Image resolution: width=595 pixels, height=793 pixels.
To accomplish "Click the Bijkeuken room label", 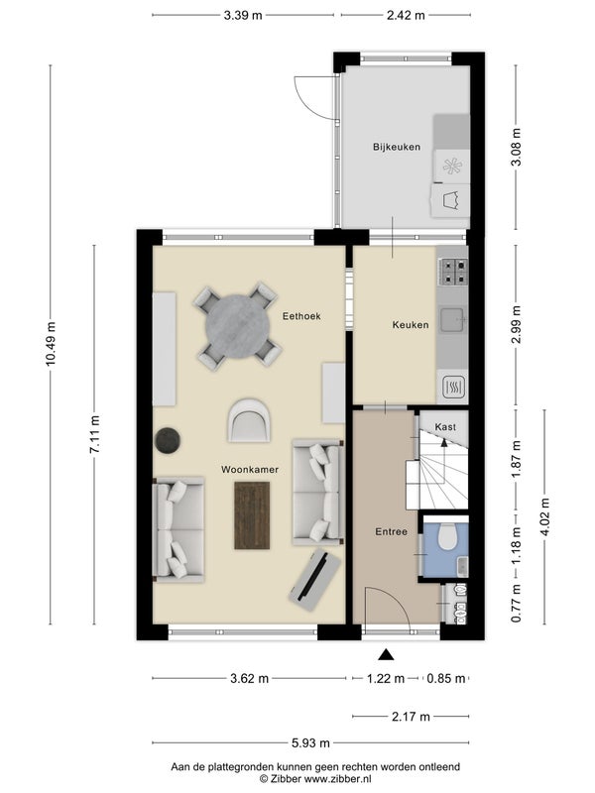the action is pyautogui.click(x=397, y=147).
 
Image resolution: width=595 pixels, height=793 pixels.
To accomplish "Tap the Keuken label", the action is pyautogui.click(x=411, y=325).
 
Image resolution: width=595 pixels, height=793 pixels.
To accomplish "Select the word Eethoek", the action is pyautogui.click(x=301, y=316).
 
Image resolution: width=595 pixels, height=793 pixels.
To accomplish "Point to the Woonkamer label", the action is pyautogui.click(x=250, y=469).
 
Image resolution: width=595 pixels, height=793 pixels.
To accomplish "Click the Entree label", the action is pyautogui.click(x=391, y=531).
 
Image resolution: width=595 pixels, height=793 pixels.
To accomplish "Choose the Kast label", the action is pyautogui.click(x=445, y=427).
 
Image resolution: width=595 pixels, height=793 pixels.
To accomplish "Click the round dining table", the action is pyautogui.click(x=237, y=326).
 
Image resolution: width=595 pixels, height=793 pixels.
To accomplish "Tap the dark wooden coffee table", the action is pyautogui.click(x=252, y=515).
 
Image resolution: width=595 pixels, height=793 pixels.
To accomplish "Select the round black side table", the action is pyautogui.click(x=168, y=440).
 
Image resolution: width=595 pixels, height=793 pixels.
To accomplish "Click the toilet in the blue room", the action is pyautogui.click(x=447, y=536).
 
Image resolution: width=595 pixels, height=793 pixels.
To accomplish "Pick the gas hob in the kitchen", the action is pyautogui.click(x=455, y=271).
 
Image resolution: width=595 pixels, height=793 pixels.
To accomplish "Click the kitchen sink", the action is pyautogui.click(x=452, y=320).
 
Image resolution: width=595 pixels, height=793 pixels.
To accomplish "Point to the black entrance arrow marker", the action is pyautogui.click(x=386, y=655).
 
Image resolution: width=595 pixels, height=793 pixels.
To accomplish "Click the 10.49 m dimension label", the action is pyautogui.click(x=51, y=343).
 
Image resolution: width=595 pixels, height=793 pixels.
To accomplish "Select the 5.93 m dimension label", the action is pyautogui.click(x=310, y=742).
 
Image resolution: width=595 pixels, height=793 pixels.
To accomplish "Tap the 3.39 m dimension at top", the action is pyautogui.click(x=243, y=15).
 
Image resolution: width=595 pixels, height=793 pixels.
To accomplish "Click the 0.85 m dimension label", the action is pyautogui.click(x=445, y=678).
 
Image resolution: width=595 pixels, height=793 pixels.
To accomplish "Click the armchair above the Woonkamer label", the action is pyautogui.click(x=249, y=420).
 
